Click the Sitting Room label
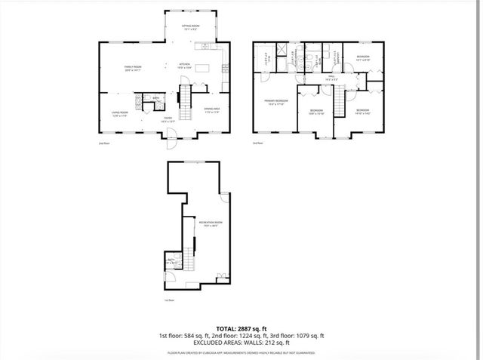(x=190, y=27)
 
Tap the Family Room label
(x=134, y=69)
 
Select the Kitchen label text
(x=184, y=66)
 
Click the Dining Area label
(x=211, y=111)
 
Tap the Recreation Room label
(x=210, y=223)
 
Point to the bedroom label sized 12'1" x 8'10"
(x=363, y=59)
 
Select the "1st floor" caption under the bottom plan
(x=168, y=300)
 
